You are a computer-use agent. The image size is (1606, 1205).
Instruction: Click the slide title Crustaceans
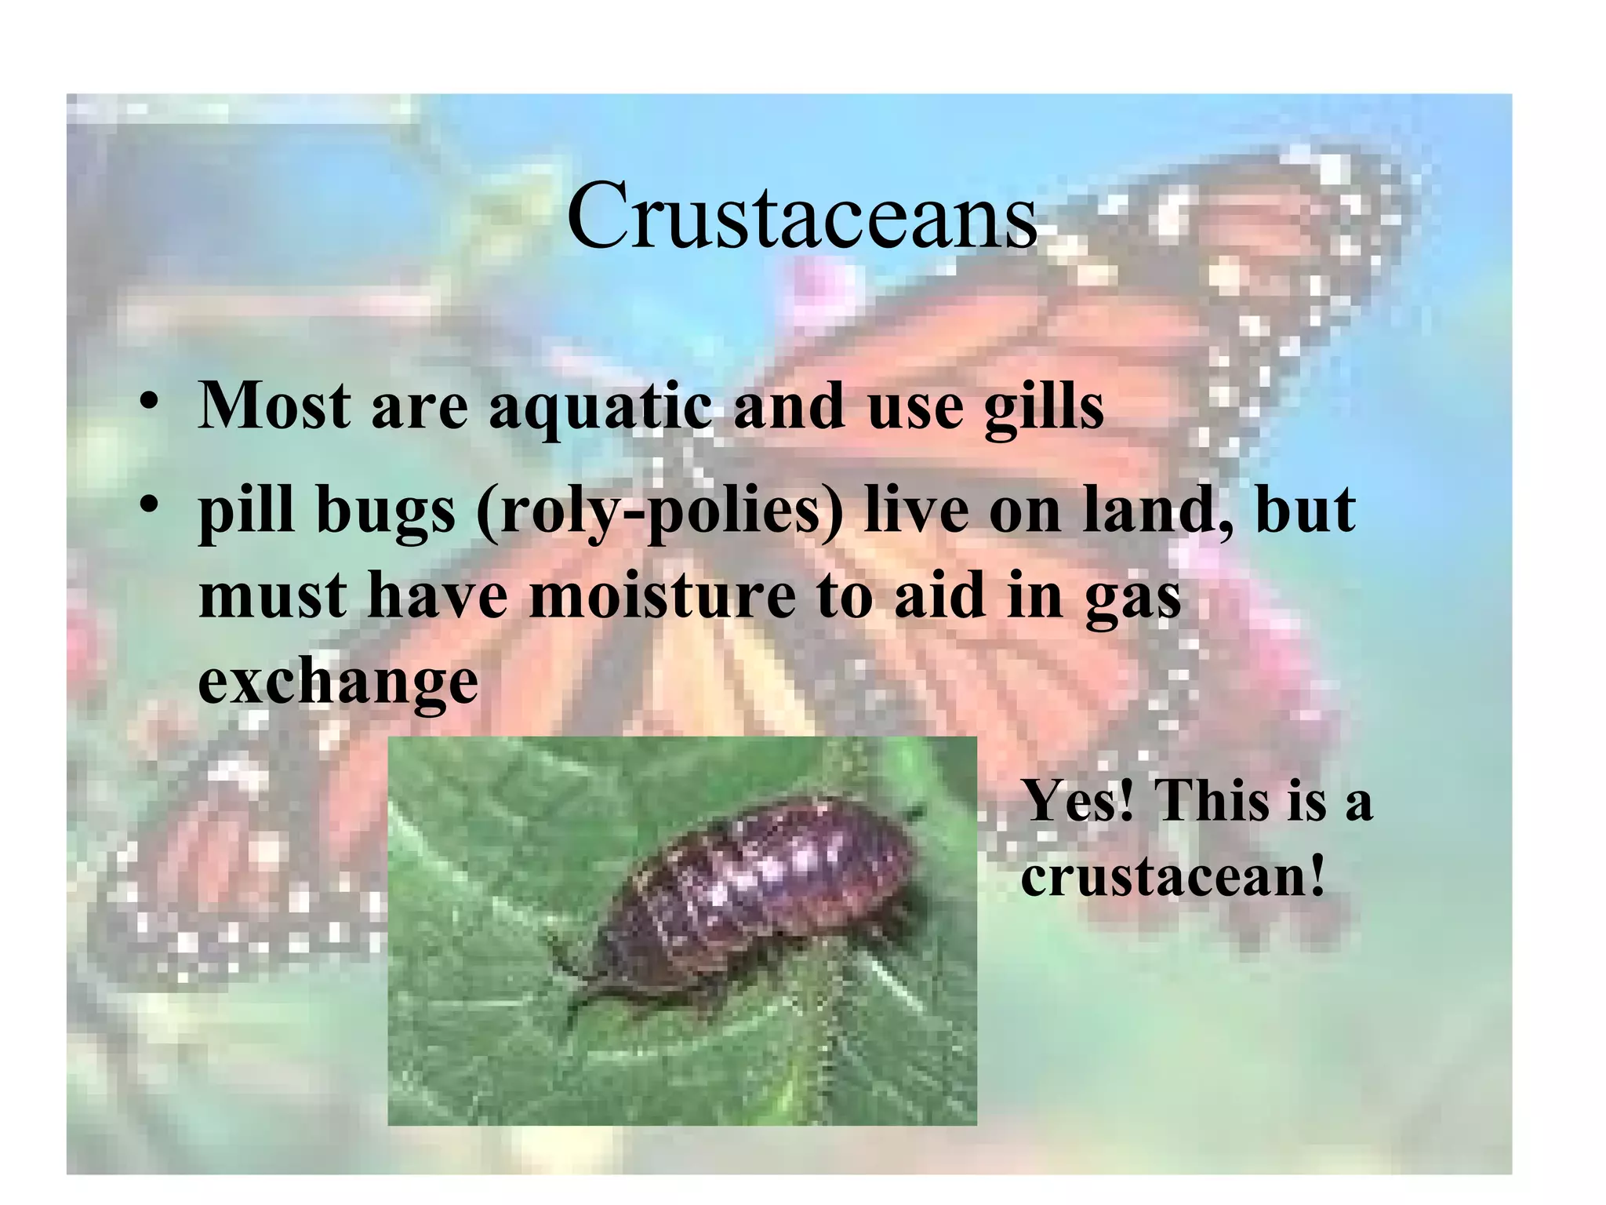pyautogui.click(x=801, y=215)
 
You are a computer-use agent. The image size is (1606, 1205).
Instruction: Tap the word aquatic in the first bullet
pyautogui.click(x=601, y=408)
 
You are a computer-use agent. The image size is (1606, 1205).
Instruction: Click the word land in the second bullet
pyautogui.click(x=1148, y=511)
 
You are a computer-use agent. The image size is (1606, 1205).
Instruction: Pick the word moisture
pyautogui.click(x=663, y=596)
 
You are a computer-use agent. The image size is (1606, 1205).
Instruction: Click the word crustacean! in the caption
pyautogui.click(x=1173, y=876)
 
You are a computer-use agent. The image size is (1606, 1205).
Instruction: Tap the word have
pyautogui.click(x=438, y=596)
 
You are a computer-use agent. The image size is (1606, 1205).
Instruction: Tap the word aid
pyautogui.click(x=939, y=596)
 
